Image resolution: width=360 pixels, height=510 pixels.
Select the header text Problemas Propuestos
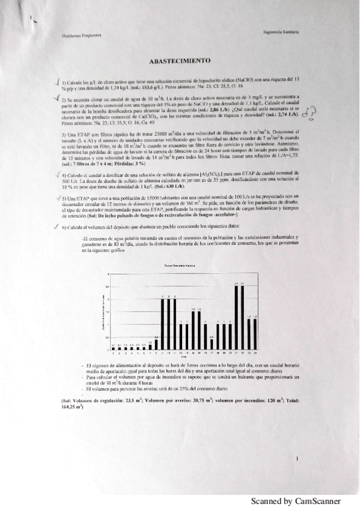81,35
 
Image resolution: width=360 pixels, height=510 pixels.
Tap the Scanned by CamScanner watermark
296,501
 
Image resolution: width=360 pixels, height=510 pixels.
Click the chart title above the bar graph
180,265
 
